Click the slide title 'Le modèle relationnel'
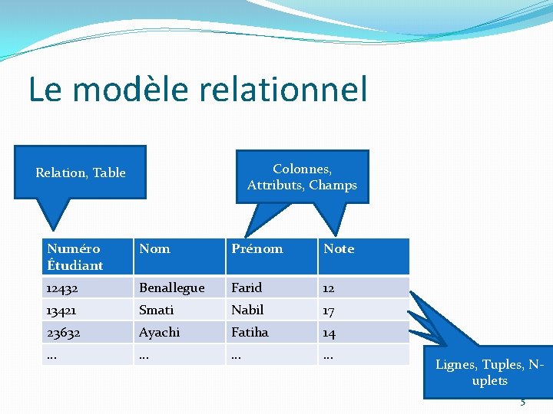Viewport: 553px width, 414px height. (x=198, y=90)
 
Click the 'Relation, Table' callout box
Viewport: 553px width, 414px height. (x=81, y=172)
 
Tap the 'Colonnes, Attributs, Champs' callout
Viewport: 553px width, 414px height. (x=302, y=177)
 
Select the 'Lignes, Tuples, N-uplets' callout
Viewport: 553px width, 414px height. (x=489, y=373)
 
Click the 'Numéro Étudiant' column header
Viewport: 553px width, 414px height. (x=75, y=257)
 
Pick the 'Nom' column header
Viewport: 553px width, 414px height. (x=154, y=249)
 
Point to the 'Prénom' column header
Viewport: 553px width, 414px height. (x=257, y=249)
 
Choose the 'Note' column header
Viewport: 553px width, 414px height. (x=339, y=249)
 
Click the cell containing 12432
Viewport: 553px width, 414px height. (x=61, y=287)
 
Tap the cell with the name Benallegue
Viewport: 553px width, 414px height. (x=171, y=287)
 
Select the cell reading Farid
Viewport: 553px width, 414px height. (x=247, y=287)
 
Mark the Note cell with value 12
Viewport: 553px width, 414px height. (x=329, y=288)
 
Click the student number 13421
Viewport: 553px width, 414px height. (x=61, y=310)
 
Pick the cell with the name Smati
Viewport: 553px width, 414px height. (x=156, y=310)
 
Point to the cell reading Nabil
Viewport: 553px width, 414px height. (x=247, y=310)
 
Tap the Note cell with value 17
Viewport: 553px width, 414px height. (x=329, y=310)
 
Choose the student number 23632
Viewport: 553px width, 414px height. (x=62, y=332)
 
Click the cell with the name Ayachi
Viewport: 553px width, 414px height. (x=159, y=332)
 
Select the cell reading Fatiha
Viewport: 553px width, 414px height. (x=250, y=332)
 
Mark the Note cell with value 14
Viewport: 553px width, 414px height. (x=329, y=333)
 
